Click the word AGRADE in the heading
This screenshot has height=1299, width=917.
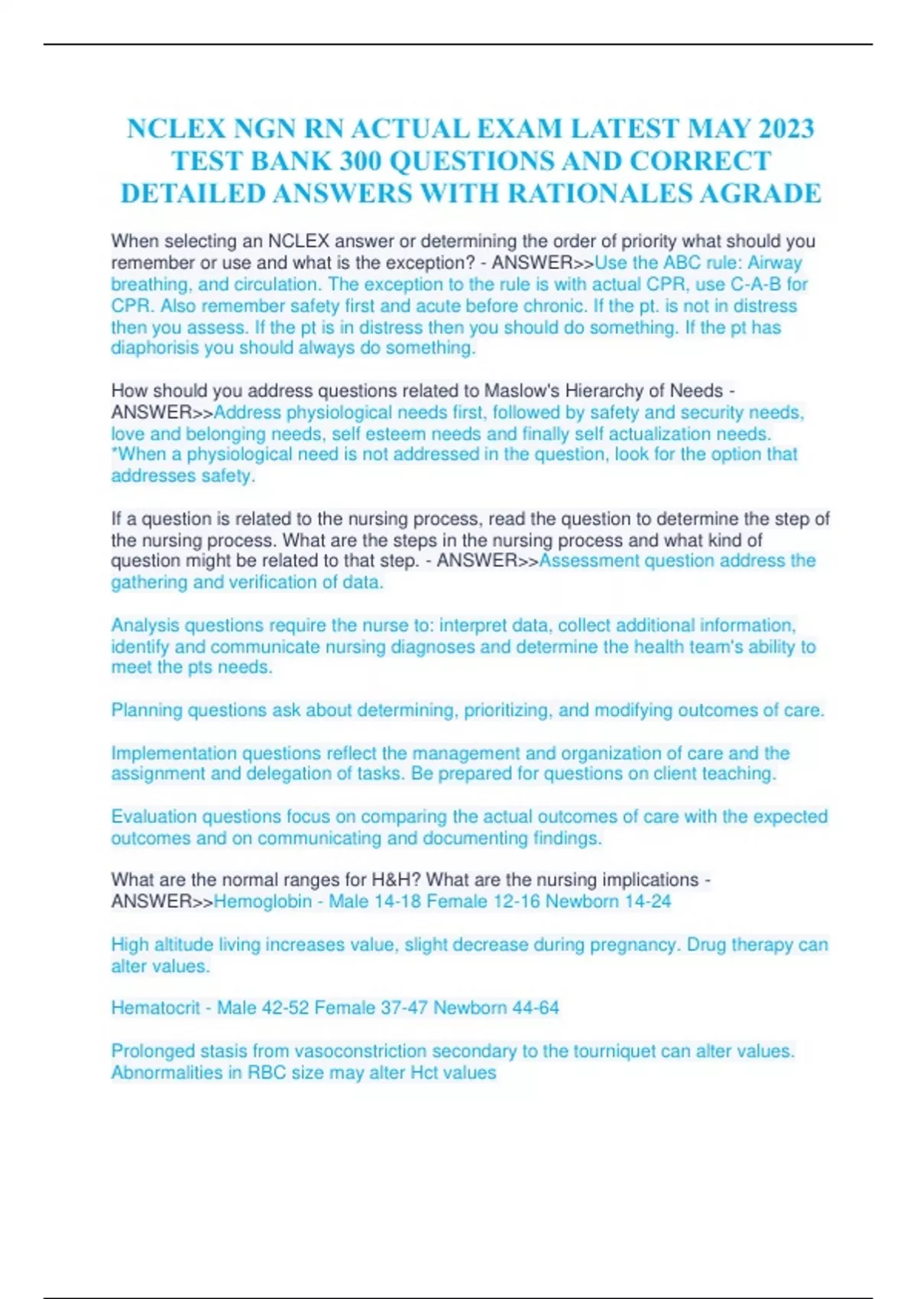[x=761, y=194]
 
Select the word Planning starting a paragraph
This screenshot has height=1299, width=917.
[x=147, y=710]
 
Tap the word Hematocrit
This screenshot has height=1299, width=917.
[x=155, y=1008]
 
